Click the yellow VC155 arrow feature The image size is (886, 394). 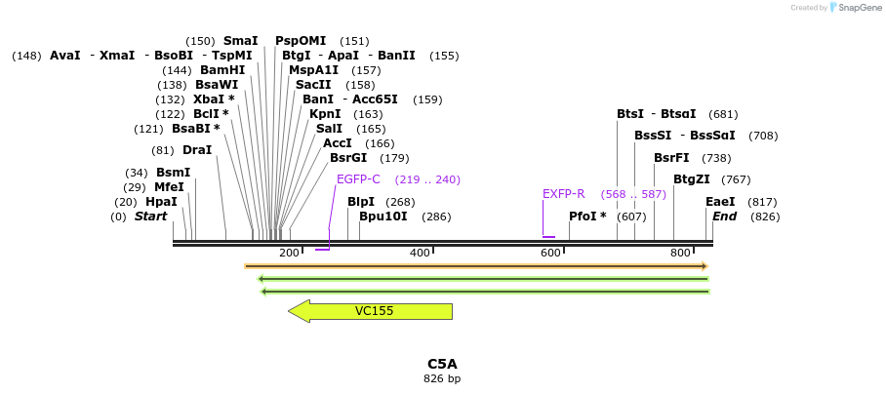click(x=371, y=311)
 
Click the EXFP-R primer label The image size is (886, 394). click(x=563, y=194)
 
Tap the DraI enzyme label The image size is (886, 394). click(x=197, y=150)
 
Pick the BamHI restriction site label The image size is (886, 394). click(x=222, y=70)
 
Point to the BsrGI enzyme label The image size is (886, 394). click(x=348, y=158)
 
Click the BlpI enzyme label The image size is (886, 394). click(x=361, y=202)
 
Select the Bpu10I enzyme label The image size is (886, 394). click(x=383, y=217)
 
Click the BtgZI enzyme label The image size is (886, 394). click(x=693, y=179)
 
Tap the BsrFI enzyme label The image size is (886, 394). click(x=671, y=158)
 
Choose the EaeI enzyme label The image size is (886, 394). click(x=720, y=202)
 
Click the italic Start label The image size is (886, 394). click(x=151, y=217)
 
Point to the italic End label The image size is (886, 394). click(x=724, y=217)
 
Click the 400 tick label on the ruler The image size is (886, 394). click(x=420, y=254)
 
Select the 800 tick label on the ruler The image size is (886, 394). click(x=680, y=254)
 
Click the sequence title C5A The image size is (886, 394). click(x=442, y=364)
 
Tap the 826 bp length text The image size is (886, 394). click(x=442, y=378)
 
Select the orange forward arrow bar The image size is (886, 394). click(x=475, y=266)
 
